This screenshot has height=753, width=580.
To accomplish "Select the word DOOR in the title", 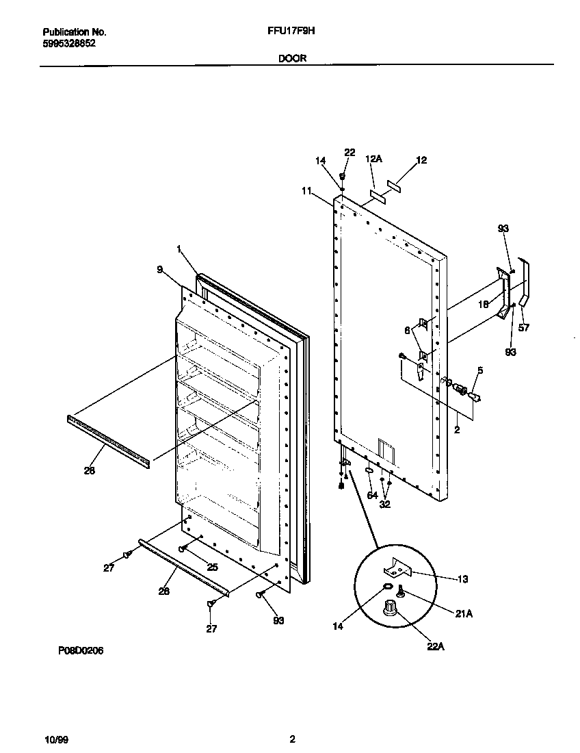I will pyautogui.click(x=292, y=59).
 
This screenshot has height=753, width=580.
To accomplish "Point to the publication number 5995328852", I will pyautogui.click(x=69, y=42).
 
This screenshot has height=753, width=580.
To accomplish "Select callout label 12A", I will pyautogui.click(x=373, y=159).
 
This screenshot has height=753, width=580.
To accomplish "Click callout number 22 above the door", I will pyautogui.click(x=350, y=153).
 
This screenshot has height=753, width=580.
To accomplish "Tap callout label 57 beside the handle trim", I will pyautogui.click(x=524, y=327).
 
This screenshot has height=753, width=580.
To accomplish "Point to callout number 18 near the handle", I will pyautogui.click(x=483, y=305).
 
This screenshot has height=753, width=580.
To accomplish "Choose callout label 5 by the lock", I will pyautogui.click(x=479, y=370).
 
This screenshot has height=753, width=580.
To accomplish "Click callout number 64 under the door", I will pyautogui.click(x=372, y=495).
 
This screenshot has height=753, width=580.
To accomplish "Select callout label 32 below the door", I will pyautogui.click(x=386, y=504).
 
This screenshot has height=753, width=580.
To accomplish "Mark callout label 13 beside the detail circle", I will pyautogui.click(x=462, y=579).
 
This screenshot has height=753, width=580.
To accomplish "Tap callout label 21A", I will pyautogui.click(x=464, y=614).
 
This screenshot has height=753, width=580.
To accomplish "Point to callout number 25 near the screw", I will pyautogui.click(x=212, y=567).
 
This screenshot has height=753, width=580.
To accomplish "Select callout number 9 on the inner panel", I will pyautogui.click(x=159, y=270).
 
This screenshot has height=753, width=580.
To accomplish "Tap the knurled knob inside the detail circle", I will pyautogui.click(x=391, y=608).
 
